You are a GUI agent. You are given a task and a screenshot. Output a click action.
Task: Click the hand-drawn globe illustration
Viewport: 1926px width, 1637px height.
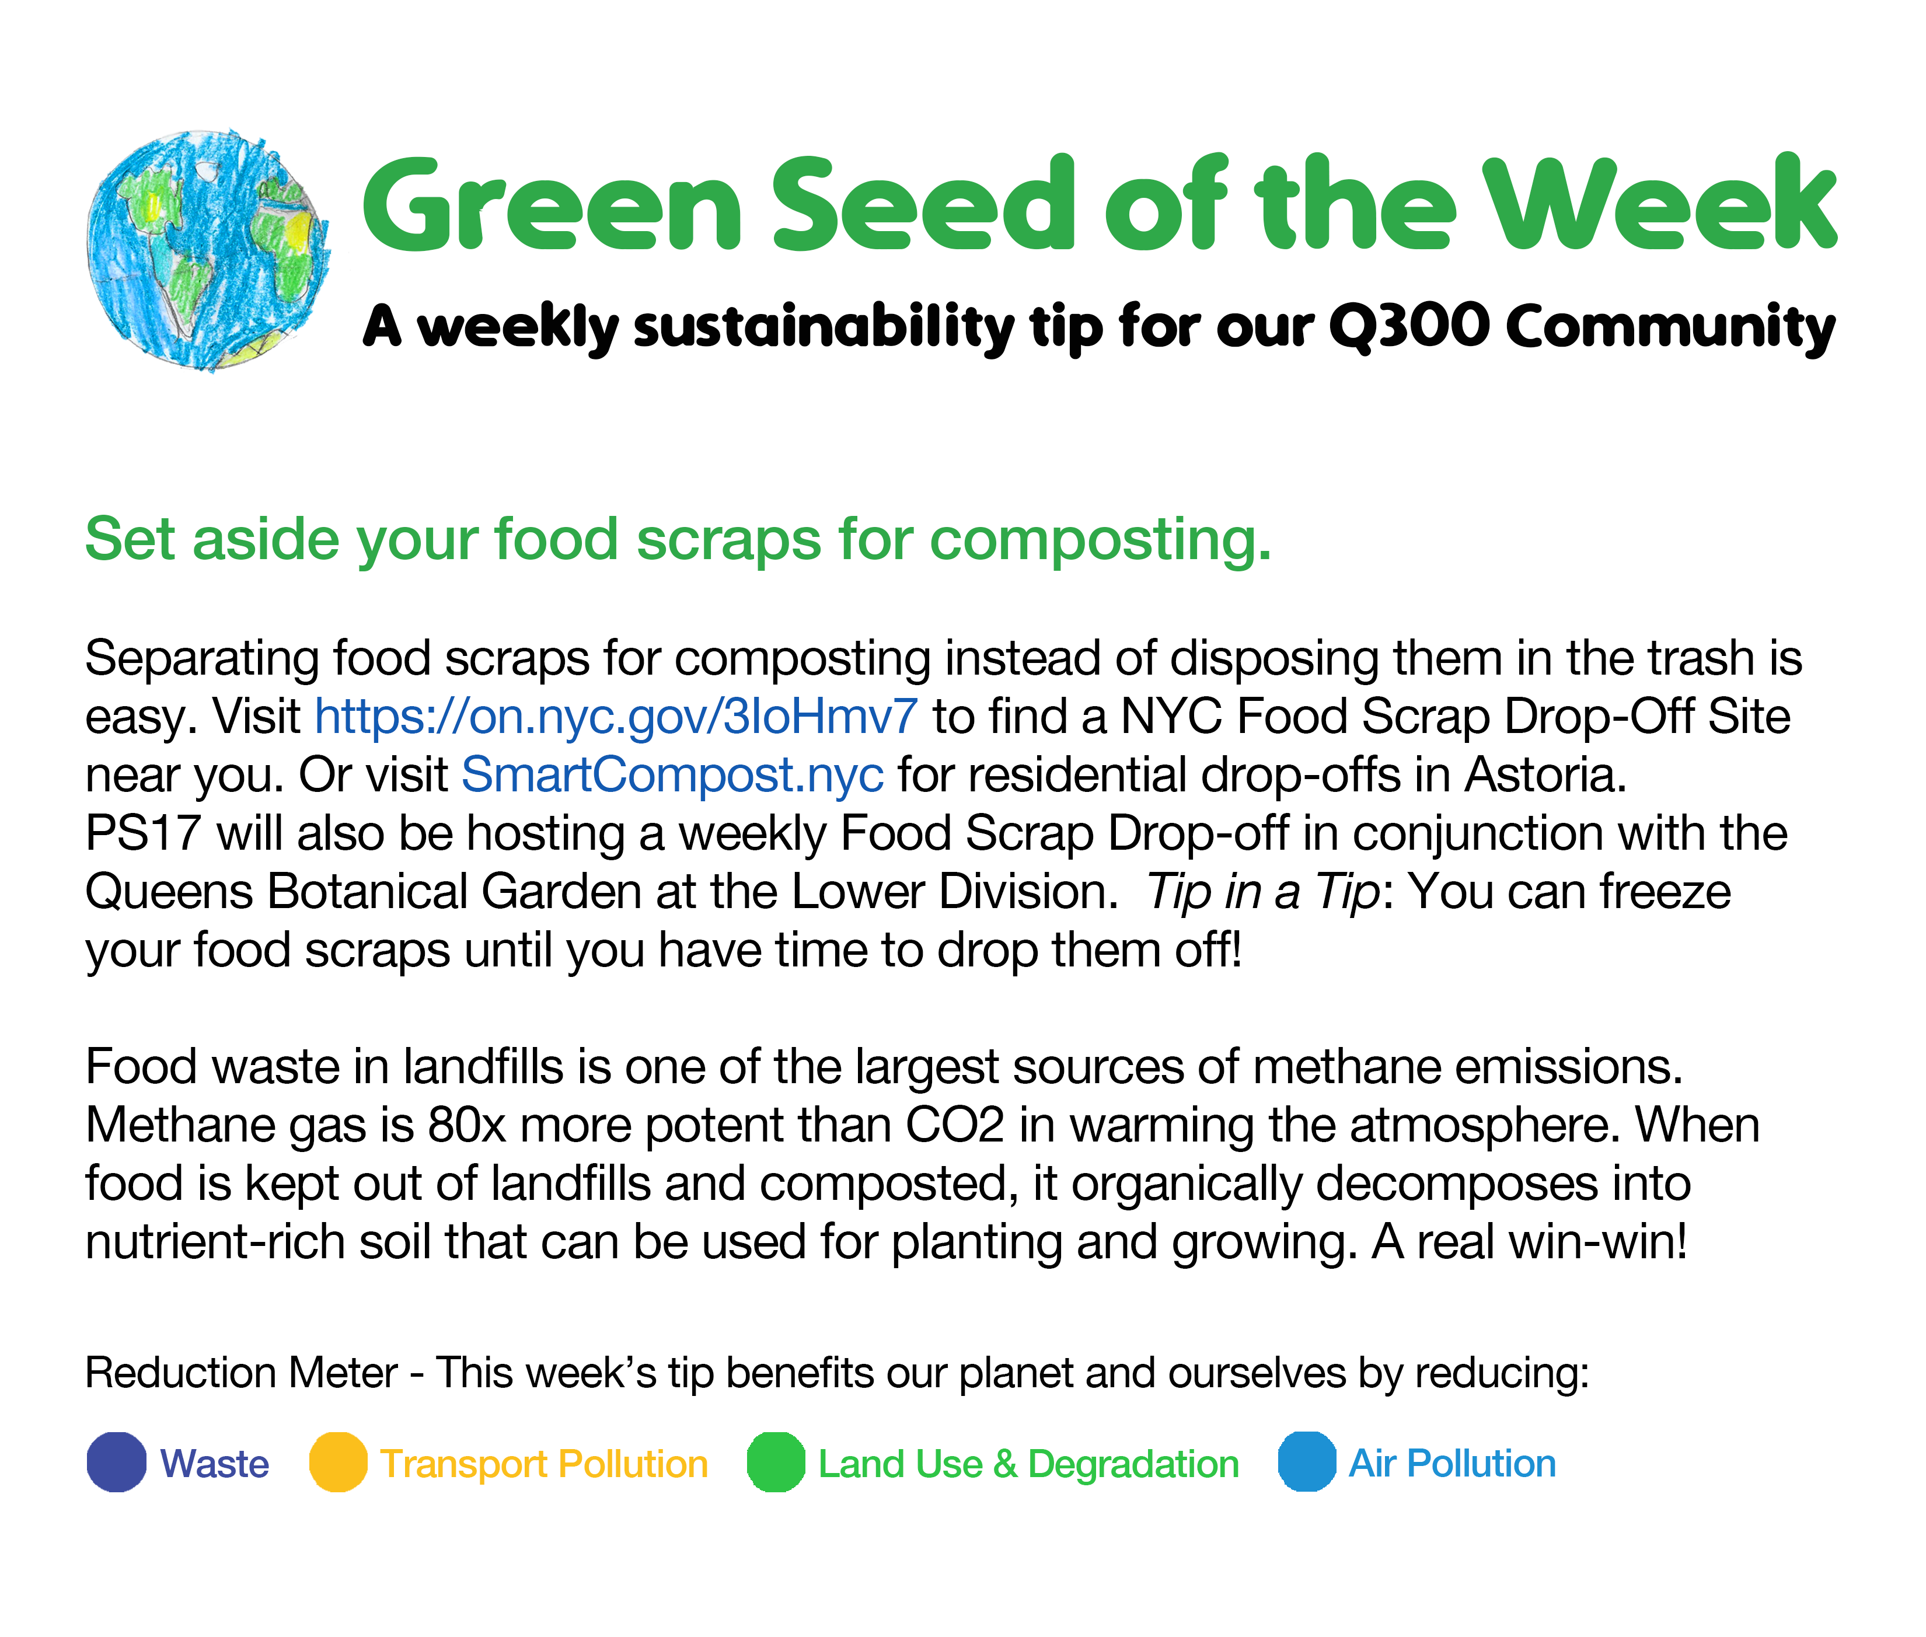coord(208,250)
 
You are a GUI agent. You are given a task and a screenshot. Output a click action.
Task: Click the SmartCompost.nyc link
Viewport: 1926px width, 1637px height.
coord(672,775)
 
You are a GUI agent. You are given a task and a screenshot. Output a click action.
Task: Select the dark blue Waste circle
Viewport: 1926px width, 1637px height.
coord(117,1463)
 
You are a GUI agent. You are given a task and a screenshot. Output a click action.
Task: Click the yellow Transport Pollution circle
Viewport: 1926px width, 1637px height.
coord(338,1463)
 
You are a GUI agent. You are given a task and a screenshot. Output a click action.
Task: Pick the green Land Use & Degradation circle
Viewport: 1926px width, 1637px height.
coord(776,1463)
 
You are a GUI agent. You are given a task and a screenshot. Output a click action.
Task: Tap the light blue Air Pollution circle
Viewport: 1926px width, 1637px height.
coord(1307,1463)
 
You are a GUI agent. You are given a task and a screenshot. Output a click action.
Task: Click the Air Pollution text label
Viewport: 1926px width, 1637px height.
coord(1452,1464)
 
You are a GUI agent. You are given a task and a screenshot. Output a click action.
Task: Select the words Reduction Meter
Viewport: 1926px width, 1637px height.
coord(241,1373)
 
